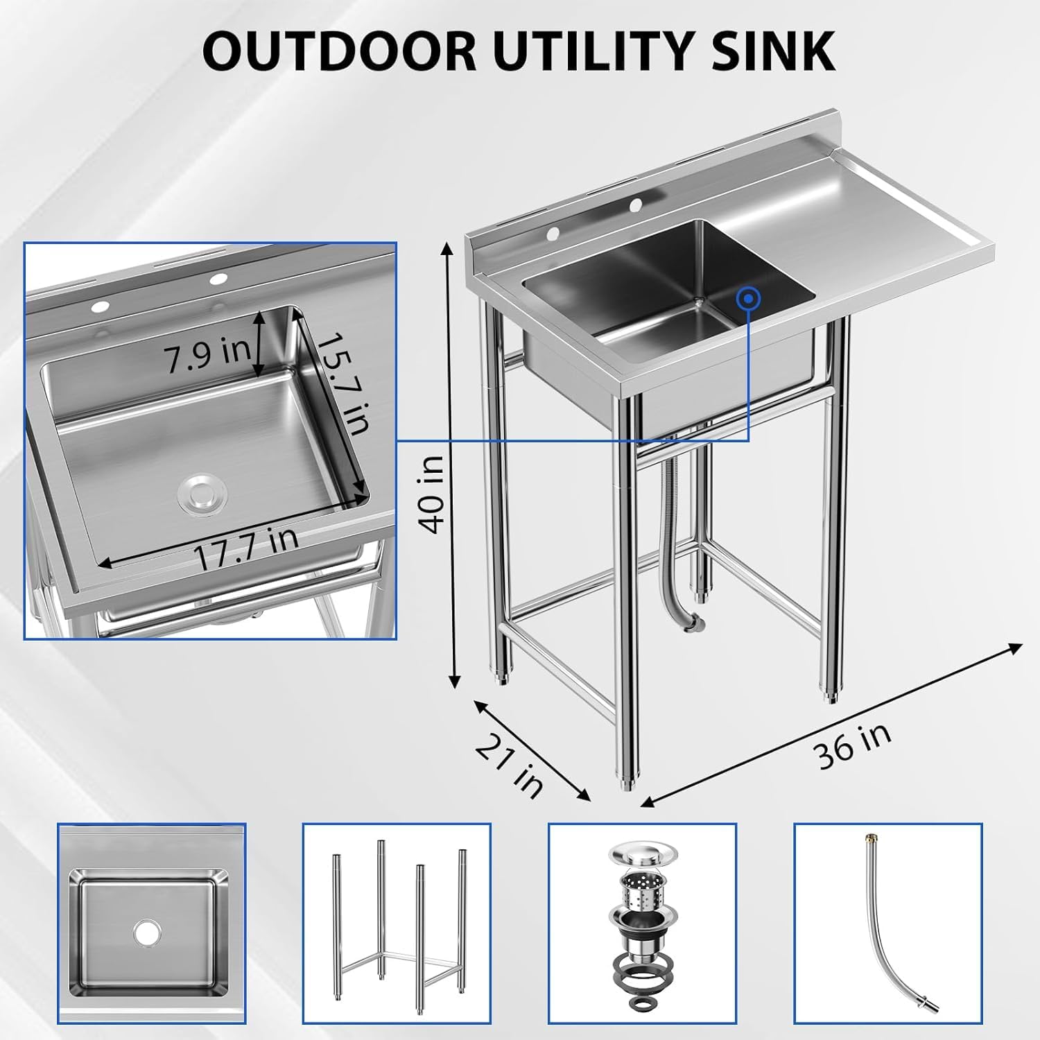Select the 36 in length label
(x=853, y=745)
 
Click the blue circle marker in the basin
(x=749, y=299)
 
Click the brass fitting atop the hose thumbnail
(x=867, y=841)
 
